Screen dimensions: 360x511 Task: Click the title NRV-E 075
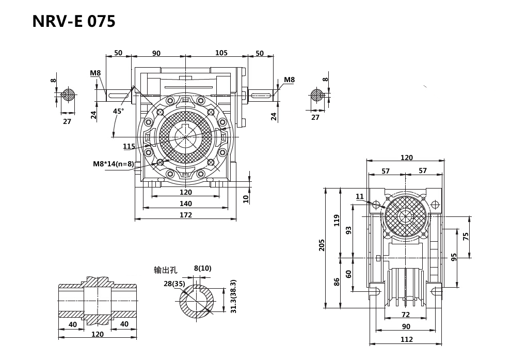pos(74,21)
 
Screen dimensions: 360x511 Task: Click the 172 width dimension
pos(185,215)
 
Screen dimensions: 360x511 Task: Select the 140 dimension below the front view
pos(185,204)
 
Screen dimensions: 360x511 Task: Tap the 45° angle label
pos(118,111)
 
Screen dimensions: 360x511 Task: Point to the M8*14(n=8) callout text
pos(114,164)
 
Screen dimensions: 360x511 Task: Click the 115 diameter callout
pos(129,146)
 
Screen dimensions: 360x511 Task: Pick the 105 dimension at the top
pos(221,53)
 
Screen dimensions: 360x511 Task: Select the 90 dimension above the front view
pos(156,53)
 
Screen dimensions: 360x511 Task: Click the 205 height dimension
pos(322,245)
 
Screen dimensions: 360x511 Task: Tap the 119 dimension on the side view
pos(337,221)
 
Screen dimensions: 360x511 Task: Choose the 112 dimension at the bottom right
pos(406,339)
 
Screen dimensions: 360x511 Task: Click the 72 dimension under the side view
pos(405,315)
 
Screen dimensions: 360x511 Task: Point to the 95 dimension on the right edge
pos(454,257)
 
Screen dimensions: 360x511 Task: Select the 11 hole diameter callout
pos(360,196)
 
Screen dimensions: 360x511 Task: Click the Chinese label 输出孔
pos(165,270)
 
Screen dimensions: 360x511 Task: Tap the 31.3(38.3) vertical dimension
pos(233,296)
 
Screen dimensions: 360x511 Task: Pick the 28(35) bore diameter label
pos(174,284)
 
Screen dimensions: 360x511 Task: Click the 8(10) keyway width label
pos(202,268)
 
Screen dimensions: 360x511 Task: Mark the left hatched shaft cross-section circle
pos(68,95)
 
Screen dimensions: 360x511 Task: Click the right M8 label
pos(289,80)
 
